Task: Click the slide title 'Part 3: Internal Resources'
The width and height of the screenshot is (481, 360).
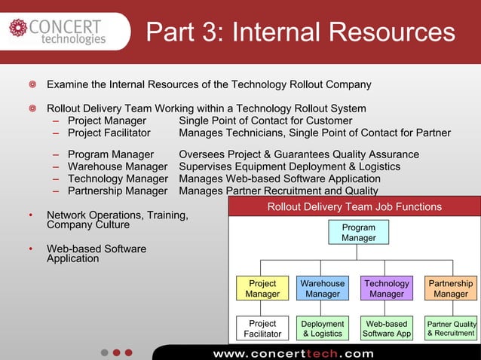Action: pos(300,32)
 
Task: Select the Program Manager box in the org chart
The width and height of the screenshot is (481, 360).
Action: pos(358,233)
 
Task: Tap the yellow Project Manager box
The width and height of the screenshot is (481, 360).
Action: pos(262,288)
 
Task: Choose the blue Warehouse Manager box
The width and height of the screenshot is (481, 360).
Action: pos(323,288)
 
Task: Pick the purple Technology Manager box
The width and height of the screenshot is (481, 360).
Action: pos(387,288)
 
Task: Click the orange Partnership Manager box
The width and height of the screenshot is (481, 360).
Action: pos(451,288)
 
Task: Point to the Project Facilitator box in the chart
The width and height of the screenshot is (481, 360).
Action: pos(262,328)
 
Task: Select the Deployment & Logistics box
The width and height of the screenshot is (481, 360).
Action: pos(323,328)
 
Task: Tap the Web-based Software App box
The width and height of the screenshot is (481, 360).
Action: pos(387,328)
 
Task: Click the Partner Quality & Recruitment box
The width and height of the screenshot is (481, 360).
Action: pos(451,328)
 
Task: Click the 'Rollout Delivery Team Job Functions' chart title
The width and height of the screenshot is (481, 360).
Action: pos(354,207)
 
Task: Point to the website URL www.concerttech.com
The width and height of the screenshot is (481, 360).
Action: pos(293,353)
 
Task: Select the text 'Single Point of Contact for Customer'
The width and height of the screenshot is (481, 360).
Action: pos(265,121)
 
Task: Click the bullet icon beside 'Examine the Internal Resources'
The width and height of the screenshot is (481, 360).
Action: pos(32,84)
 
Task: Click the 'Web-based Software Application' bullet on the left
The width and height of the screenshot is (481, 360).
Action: pos(97,254)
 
